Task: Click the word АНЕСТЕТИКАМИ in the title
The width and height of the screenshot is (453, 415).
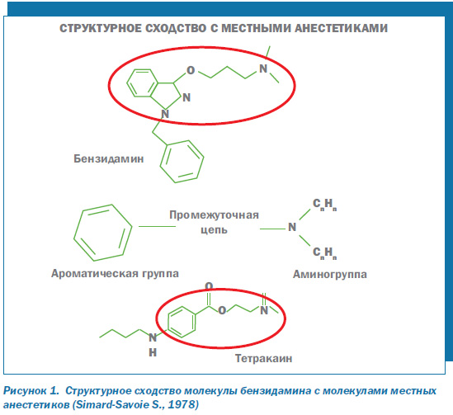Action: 342,28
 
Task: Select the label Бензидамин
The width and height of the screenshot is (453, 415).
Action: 109,159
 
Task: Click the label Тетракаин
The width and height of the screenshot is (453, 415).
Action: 263,358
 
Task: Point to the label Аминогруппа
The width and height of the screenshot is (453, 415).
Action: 330,274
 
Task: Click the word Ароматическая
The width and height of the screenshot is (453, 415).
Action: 94,273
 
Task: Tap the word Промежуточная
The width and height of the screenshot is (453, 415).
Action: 214,215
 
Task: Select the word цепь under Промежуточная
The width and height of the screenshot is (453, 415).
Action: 214,230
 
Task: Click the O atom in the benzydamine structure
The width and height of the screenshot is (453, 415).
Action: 191,70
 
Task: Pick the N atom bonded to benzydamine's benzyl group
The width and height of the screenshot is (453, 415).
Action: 165,114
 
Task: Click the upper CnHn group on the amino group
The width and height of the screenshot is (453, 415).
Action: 325,205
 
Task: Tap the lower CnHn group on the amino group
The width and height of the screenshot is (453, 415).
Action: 325,253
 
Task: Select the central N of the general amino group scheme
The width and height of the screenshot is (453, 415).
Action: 292,227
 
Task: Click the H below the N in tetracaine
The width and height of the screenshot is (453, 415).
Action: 153,352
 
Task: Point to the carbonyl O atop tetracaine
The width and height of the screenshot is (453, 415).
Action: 209,286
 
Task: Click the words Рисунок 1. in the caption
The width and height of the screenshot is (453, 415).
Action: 31,391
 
